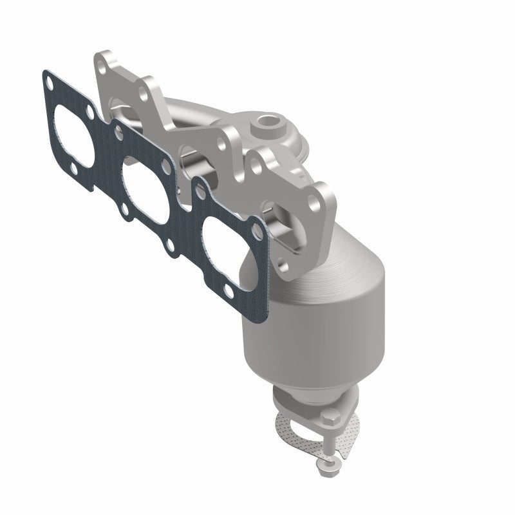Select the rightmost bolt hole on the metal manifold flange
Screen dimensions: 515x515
pos(318,203)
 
